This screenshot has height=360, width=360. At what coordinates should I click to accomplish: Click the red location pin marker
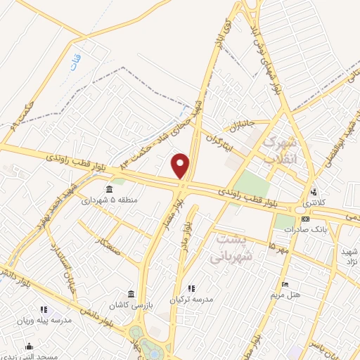pyautogui.click(x=181, y=165)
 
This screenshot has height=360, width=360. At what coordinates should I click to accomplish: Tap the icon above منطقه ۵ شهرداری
pyautogui.click(x=109, y=190)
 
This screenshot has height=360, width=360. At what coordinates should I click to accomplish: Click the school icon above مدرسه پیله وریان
pyautogui.click(x=43, y=309)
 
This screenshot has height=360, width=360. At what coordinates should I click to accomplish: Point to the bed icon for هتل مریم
pyautogui.click(x=284, y=285)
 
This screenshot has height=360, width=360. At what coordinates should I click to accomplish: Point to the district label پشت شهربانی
pyautogui.click(x=231, y=247)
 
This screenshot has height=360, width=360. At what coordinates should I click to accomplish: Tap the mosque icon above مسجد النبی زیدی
pyautogui.click(x=30, y=346)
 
